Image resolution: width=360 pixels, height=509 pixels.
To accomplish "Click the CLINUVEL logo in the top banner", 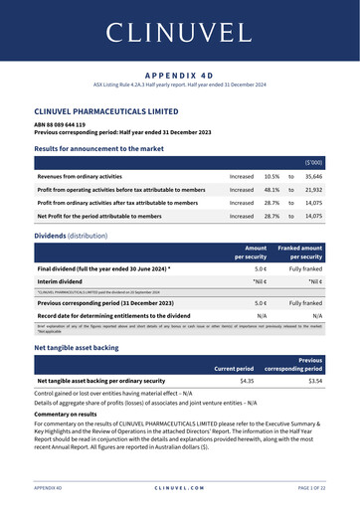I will [x=179, y=31].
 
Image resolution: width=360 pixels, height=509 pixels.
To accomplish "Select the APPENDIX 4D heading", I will [x=179, y=75].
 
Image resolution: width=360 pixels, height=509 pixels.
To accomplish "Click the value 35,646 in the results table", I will [x=313, y=174].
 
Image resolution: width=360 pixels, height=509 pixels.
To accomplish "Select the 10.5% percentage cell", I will [x=271, y=174].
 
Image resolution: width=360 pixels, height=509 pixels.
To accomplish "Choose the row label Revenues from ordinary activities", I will [x=90, y=174].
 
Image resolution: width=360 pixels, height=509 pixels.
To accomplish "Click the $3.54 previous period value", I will [x=315, y=380].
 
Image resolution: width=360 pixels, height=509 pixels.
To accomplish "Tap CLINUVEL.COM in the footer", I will [x=179, y=489].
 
